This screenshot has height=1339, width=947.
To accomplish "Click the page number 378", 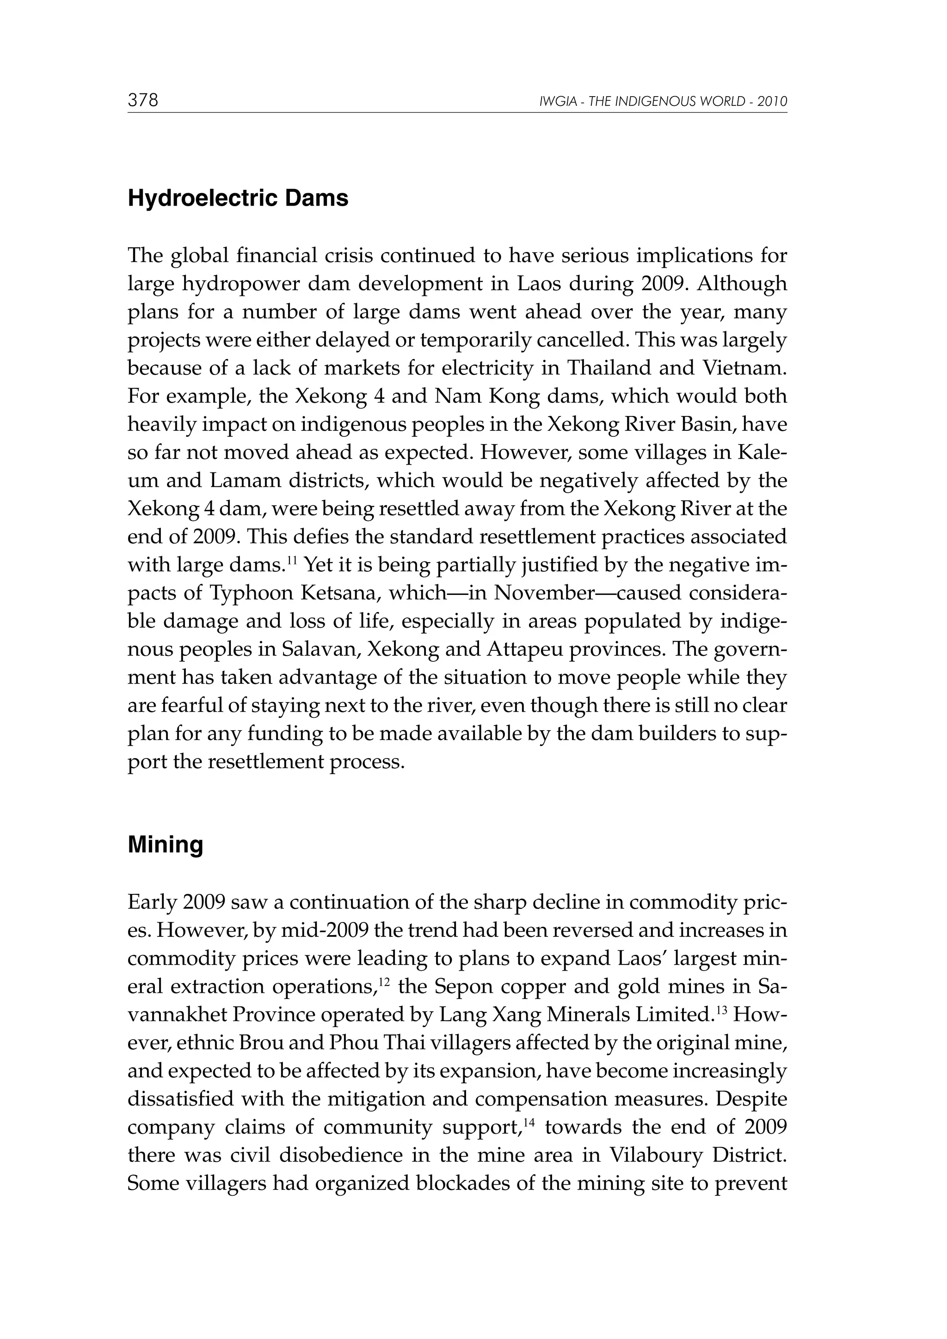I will point(143,100).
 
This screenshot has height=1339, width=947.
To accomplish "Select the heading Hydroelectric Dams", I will point(238,199).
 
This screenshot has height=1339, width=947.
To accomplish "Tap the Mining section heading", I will point(165,845).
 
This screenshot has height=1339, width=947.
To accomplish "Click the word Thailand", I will point(609,368).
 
